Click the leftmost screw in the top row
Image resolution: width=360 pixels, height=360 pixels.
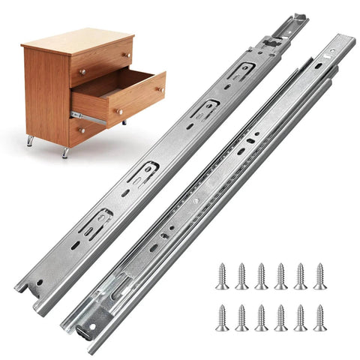coord(222,276)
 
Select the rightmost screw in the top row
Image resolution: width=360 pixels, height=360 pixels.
coord(319,276)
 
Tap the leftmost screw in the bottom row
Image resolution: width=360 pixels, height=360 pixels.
coord(222,317)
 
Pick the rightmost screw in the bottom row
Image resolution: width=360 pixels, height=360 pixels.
coord(319,317)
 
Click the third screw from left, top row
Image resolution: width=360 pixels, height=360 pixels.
coord(261,276)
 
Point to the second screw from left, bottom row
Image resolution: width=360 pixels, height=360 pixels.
coord(241,317)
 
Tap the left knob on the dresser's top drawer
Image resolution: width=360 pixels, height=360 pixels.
coord(82,72)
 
